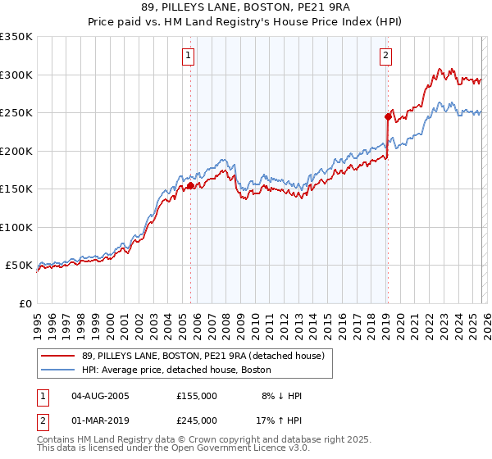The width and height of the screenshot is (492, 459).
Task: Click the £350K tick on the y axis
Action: coord(16,37)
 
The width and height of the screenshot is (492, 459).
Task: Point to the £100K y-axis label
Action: coord(16,227)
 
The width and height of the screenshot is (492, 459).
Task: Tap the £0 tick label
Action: coord(25,303)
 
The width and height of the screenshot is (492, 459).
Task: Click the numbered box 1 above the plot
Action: coord(189,56)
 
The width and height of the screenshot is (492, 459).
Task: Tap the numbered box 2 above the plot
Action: coord(385,56)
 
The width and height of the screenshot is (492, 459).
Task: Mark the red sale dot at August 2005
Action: coord(190,185)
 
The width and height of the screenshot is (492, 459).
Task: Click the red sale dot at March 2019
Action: coord(387,116)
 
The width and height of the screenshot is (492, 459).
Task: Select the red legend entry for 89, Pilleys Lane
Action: coord(203,356)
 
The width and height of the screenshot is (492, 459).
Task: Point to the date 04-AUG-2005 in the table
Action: coord(100,396)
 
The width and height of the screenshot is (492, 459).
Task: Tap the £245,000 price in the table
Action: coord(197,420)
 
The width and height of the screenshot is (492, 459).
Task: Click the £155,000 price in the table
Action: coord(197,396)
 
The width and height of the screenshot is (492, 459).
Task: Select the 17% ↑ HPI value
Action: coord(280,420)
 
